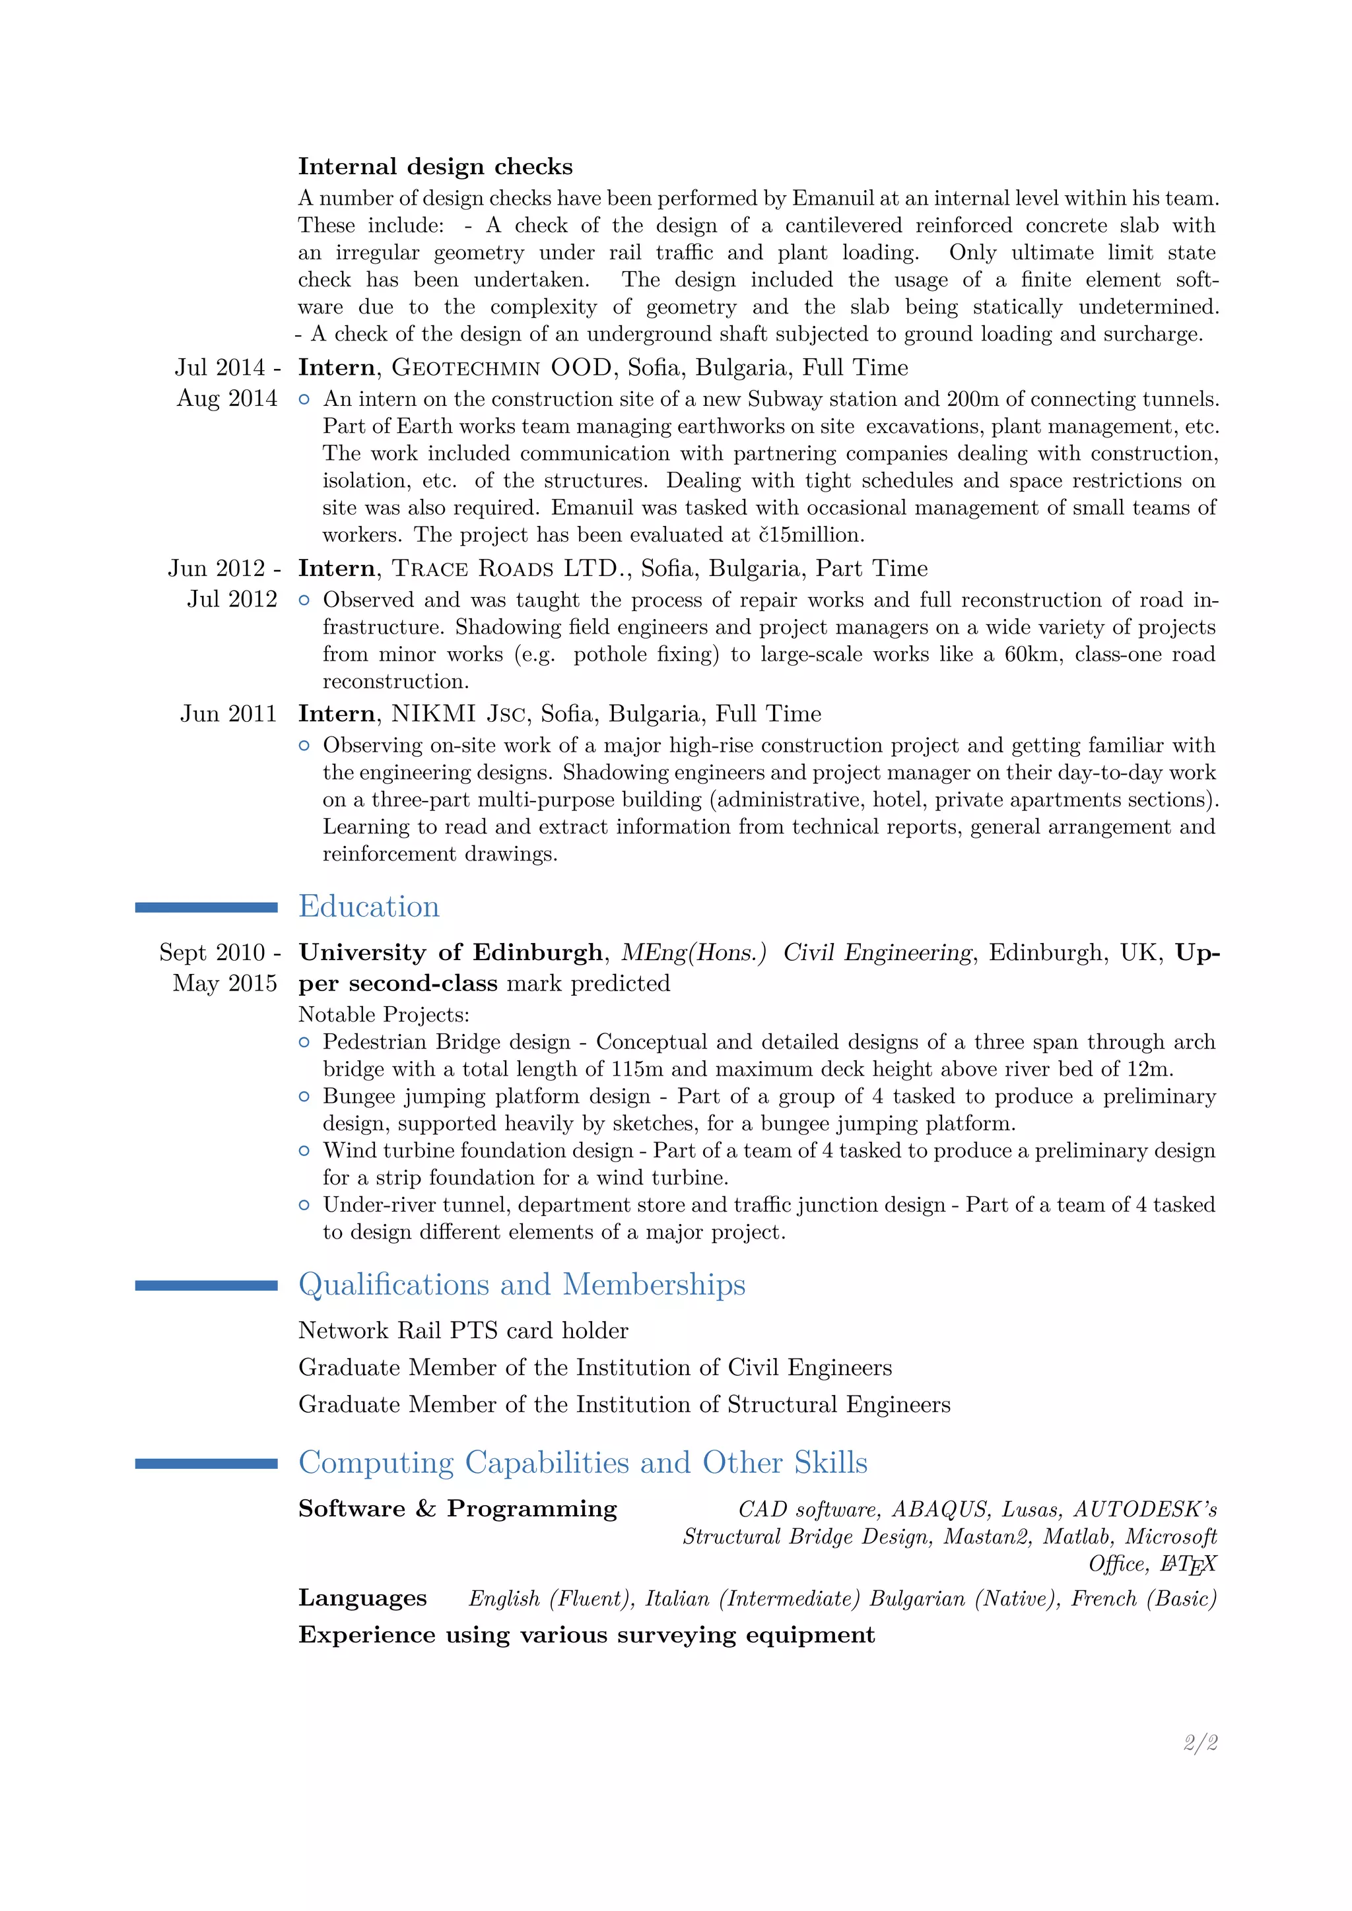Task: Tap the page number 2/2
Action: [x=1200, y=1742]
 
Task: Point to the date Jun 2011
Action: [x=228, y=713]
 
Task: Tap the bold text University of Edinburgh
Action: [x=450, y=952]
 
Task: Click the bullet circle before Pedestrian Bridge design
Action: [x=304, y=1042]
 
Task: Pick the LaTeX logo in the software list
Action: [x=1189, y=1565]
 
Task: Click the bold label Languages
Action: [x=362, y=1598]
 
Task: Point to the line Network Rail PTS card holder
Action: [x=463, y=1331]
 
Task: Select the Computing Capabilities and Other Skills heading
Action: [x=583, y=1462]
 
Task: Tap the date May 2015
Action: [x=224, y=983]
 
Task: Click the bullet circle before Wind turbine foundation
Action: [x=304, y=1150]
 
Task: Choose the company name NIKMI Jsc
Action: [x=458, y=713]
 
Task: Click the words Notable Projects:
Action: [x=384, y=1015]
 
